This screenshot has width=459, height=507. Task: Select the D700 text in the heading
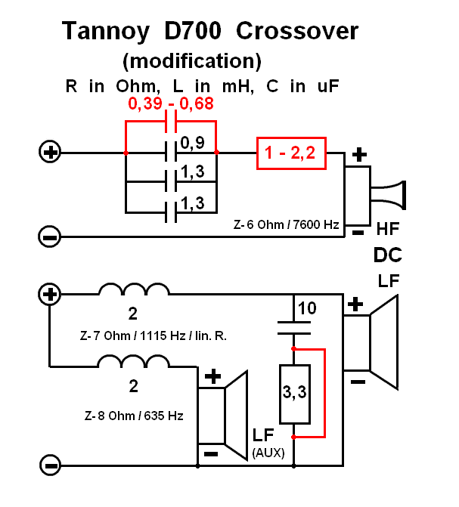tap(193, 31)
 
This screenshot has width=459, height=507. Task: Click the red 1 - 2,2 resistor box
tap(291, 153)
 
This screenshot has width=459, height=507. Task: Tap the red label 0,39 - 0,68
tap(171, 104)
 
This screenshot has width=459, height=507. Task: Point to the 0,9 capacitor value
tap(192, 143)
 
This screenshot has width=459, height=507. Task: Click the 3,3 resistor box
tap(295, 394)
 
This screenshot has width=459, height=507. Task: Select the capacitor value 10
tap(307, 308)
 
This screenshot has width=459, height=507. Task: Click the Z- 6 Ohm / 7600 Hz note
tap(286, 224)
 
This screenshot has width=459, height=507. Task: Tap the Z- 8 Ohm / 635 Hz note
tap(134, 416)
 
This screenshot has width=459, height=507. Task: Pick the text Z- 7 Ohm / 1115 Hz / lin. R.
tap(153, 336)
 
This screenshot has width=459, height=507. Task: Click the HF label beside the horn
tap(388, 229)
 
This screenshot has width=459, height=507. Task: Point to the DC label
tap(387, 255)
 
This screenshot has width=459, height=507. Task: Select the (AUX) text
tap(268, 453)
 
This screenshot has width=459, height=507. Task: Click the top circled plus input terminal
tap(50, 151)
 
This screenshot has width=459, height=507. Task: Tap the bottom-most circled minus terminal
tap(50, 465)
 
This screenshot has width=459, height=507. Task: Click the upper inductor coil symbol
tap(134, 289)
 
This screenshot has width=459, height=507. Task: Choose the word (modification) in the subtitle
tap(192, 60)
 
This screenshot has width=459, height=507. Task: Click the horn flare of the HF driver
tap(389, 195)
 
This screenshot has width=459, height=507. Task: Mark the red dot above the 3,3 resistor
tap(293, 348)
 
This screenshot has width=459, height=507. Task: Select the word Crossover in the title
tap(297, 31)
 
